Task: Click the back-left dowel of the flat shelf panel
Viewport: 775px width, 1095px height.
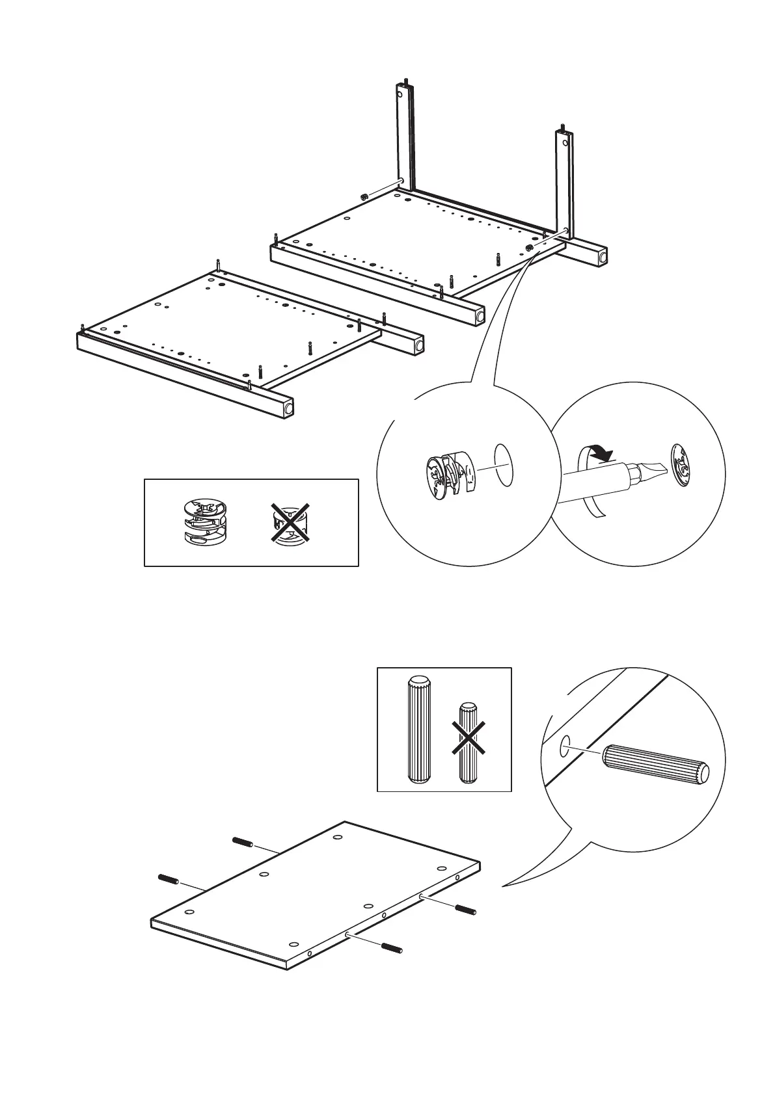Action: tap(242, 841)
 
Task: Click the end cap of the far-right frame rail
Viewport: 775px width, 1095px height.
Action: tap(603, 257)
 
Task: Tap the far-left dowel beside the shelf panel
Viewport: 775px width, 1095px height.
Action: tap(168, 878)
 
